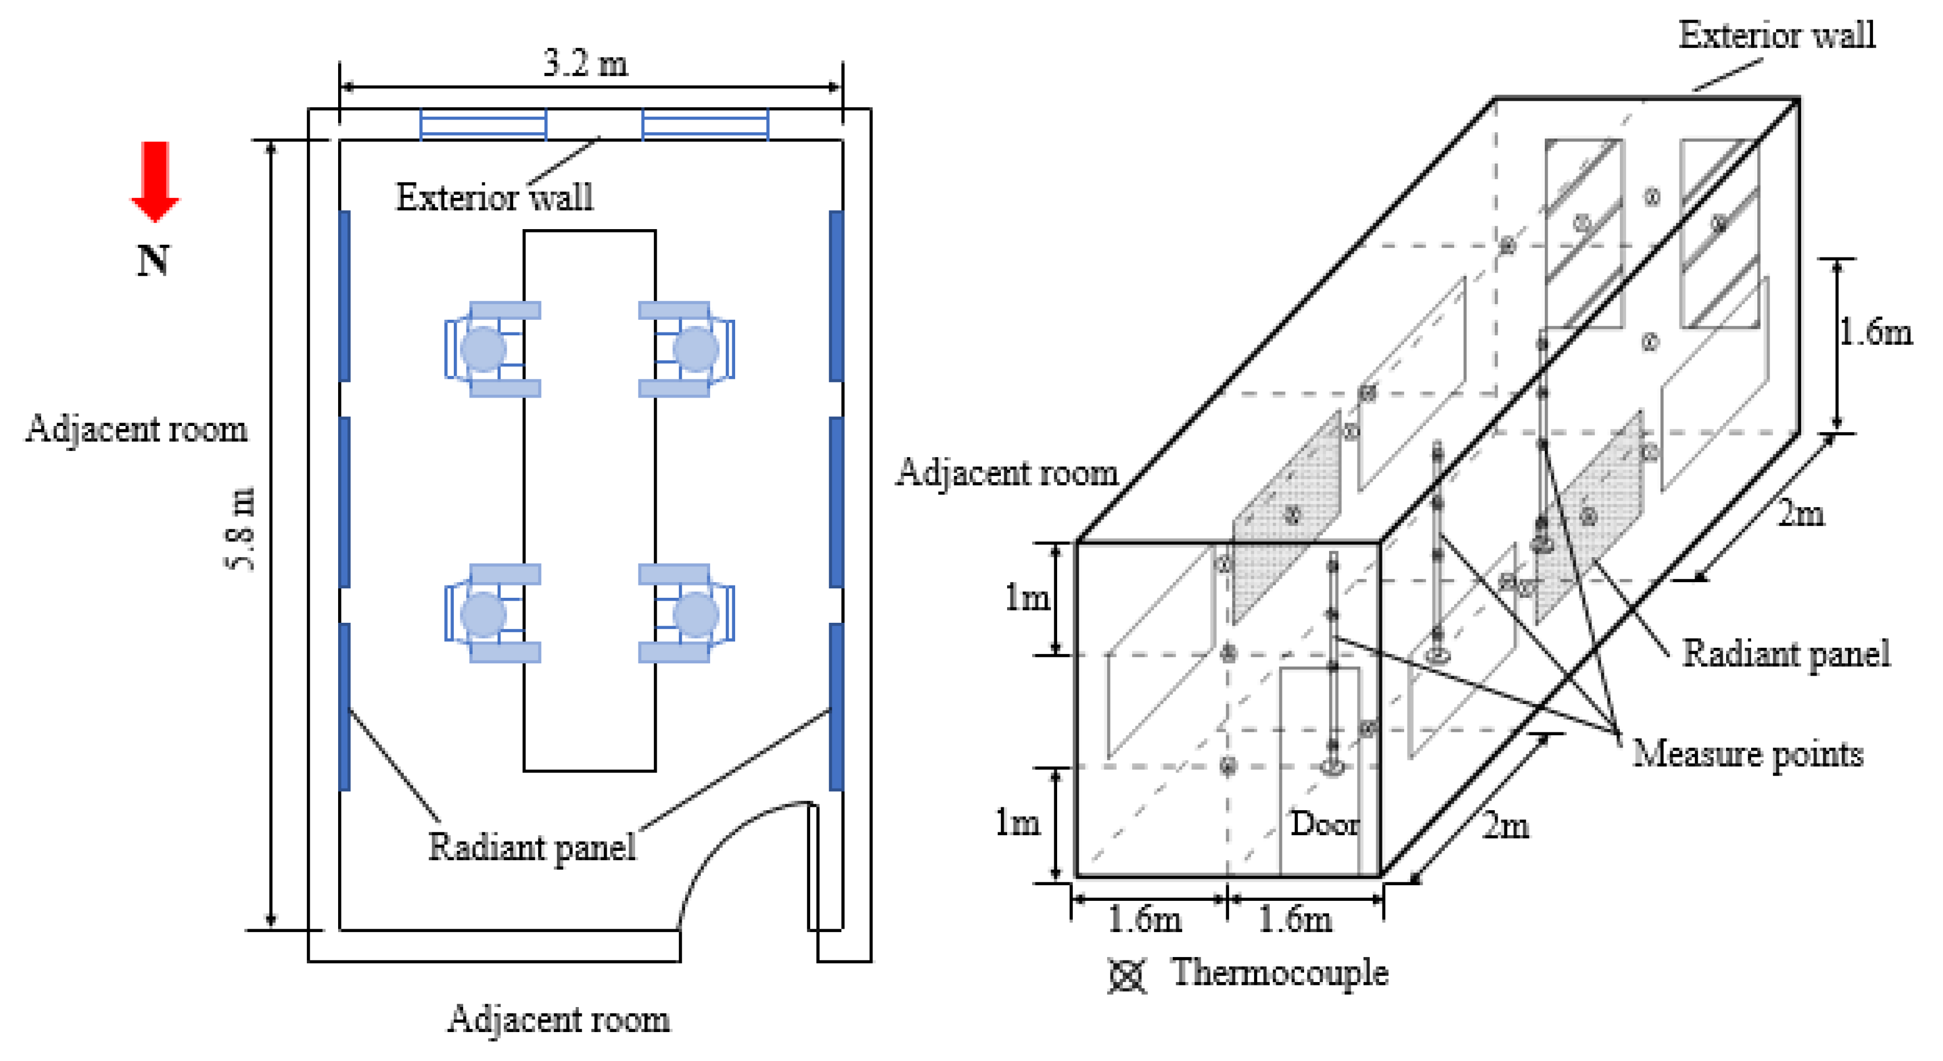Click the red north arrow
click(155, 181)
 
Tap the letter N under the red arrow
click(153, 261)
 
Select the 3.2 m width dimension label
click(586, 63)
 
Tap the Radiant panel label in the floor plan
click(532, 846)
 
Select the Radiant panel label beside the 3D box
click(1786, 653)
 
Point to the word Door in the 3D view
click(1325, 824)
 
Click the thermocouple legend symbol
click(1127, 975)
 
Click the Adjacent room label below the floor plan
click(558, 1019)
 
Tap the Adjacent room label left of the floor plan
click(137, 429)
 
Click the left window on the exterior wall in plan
click(483, 125)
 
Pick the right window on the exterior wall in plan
click(705, 125)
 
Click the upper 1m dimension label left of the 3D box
click(1027, 598)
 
